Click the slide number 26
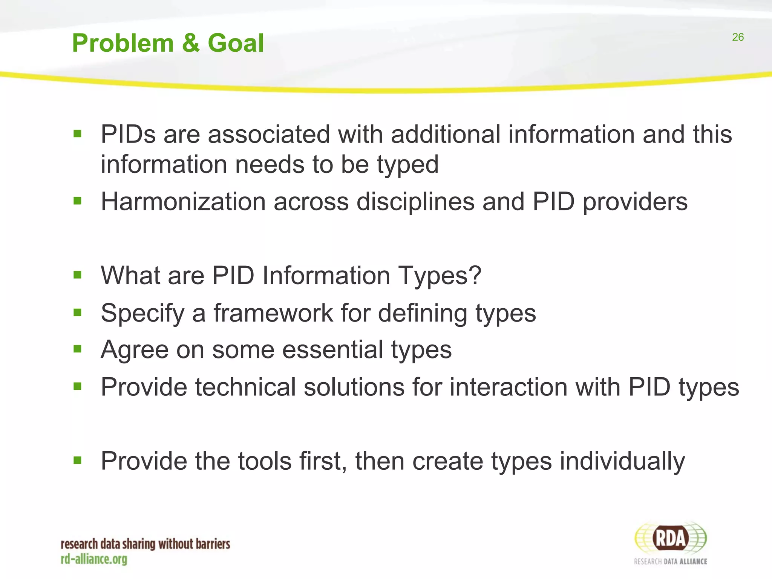click(x=738, y=37)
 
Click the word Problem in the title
click(x=123, y=43)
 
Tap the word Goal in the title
click(x=236, y=43)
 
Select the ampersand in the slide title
click(x=191, y=43)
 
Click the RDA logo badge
click(x=671, y=538)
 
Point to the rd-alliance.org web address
click(x=94, y=559)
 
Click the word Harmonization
click(x=184, y=202)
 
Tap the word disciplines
click(x=415, y=202)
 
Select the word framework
click(x=273, y=313)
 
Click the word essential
click(x=333, y=349)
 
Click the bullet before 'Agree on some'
click(x=78, y=349)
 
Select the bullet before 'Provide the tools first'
click(x=78, y=460)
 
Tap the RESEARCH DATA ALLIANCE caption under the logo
click(x=670, y=562)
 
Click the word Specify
click(x=142, y=314)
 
